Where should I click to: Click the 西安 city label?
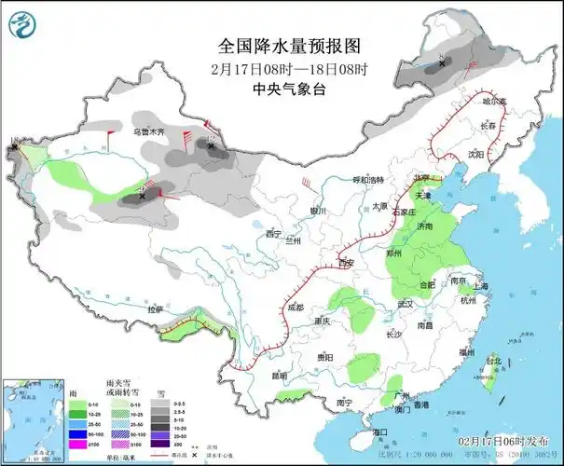point(347,265)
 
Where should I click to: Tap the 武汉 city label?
point(404,304)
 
